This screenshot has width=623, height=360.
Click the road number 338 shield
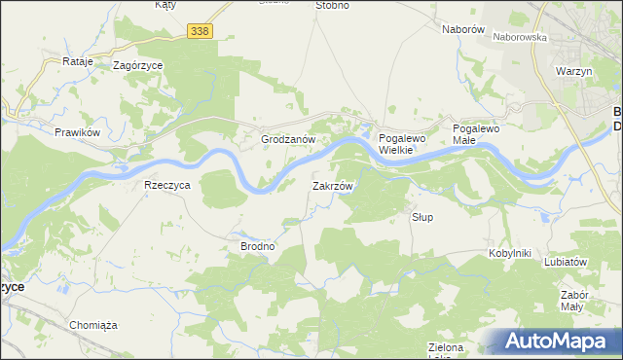click(200, 32)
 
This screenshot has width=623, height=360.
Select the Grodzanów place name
click(289, 140)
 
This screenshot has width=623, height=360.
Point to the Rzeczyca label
click(166, 185)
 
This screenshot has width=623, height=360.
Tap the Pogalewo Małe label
click(476, 134)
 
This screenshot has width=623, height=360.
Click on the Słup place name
click(421, 216)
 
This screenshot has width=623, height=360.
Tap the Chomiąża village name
click(93, 325)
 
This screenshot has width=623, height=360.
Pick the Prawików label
click(79, 131)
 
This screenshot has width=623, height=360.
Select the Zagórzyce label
click(137, 65)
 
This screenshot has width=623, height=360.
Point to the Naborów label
click(463, 29)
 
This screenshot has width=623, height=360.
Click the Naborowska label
click(520, 37)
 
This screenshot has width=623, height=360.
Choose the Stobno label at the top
click(332, 5)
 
